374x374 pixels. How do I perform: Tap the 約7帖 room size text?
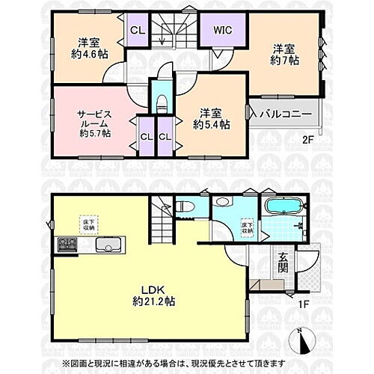pyautogui.click(x=284, y=61)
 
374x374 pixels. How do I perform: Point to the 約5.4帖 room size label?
pyautogui.click(x=211, y=125)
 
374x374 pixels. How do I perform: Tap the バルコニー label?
pyautogui.click(x=288, y=114)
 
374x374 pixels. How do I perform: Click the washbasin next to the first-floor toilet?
pyautogui.click(x=221, y=203)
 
